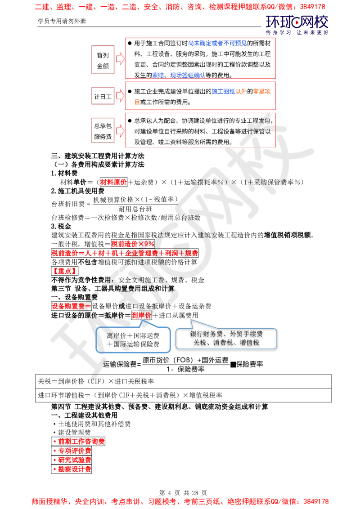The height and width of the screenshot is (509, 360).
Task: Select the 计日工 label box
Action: coord(103,96)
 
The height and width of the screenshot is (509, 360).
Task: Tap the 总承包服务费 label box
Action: coord(103,130)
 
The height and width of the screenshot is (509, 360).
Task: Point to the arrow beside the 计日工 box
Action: coord(119,96)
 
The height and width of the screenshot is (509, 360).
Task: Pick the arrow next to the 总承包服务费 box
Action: coord(119,130)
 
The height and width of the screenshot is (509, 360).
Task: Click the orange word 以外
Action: coord(241,91)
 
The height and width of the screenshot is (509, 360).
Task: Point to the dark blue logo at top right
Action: coord(297,25)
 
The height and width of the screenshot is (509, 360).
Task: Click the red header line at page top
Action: coord(180,7)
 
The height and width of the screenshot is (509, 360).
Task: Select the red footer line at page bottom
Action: coord(180,500)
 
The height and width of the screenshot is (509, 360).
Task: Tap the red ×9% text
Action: coord(133,243)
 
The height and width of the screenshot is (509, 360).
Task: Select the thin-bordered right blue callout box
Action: coord(226,339)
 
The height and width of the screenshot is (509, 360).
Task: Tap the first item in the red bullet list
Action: coord(79,442)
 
